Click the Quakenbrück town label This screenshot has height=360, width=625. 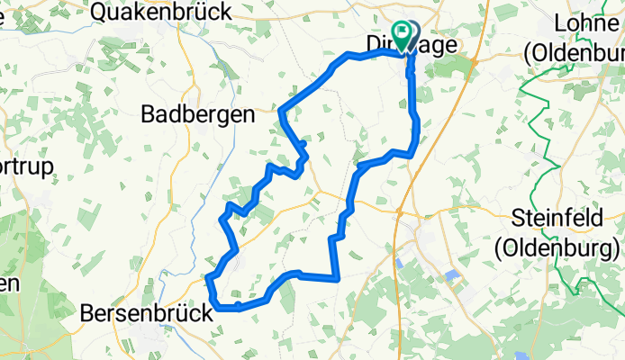(x=161, y=12)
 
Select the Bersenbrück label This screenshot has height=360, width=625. (x=148, y=314)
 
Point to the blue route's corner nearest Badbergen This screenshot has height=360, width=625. (x=282, y=112)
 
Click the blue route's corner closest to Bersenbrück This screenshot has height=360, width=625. (x=219, y=309)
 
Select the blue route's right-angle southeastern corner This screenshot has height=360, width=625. (x=337, y=278)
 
